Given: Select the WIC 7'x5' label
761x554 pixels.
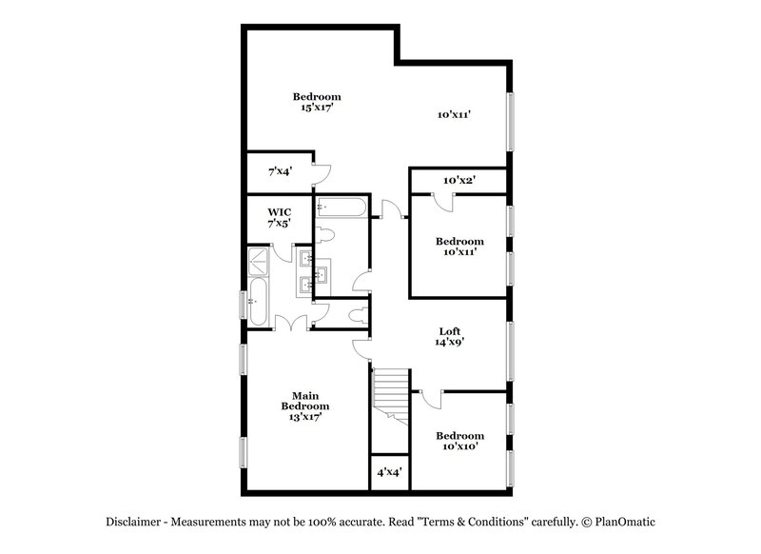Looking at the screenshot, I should [278, 217].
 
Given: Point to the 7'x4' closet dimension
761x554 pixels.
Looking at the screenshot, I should [279, 172].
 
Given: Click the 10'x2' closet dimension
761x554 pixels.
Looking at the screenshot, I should [459, 180].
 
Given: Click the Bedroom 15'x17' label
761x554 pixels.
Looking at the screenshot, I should [316, 102].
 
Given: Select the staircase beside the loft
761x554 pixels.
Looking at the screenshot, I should [390, 395].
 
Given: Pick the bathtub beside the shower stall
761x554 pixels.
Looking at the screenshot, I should [258, 302].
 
